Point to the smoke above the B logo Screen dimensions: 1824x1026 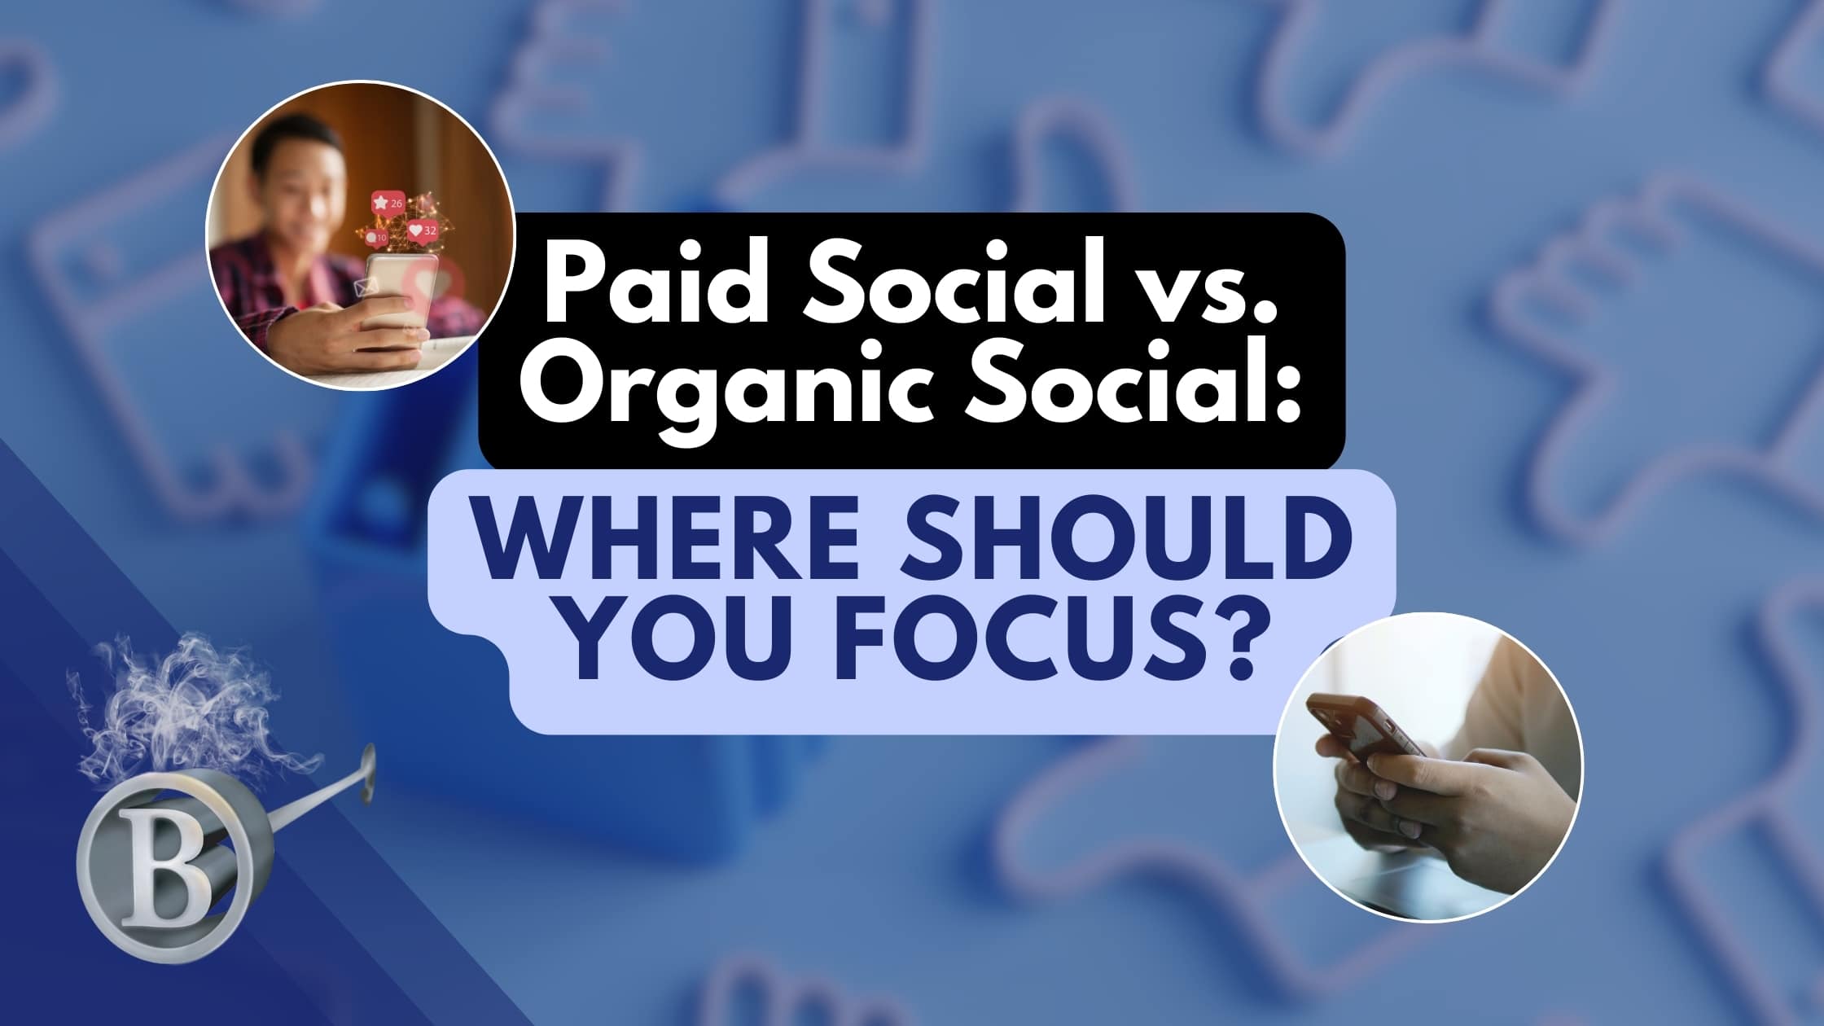point(187,708)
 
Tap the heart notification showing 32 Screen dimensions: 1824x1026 point(423,230)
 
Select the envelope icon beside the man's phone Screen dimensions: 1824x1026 point(363,286)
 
